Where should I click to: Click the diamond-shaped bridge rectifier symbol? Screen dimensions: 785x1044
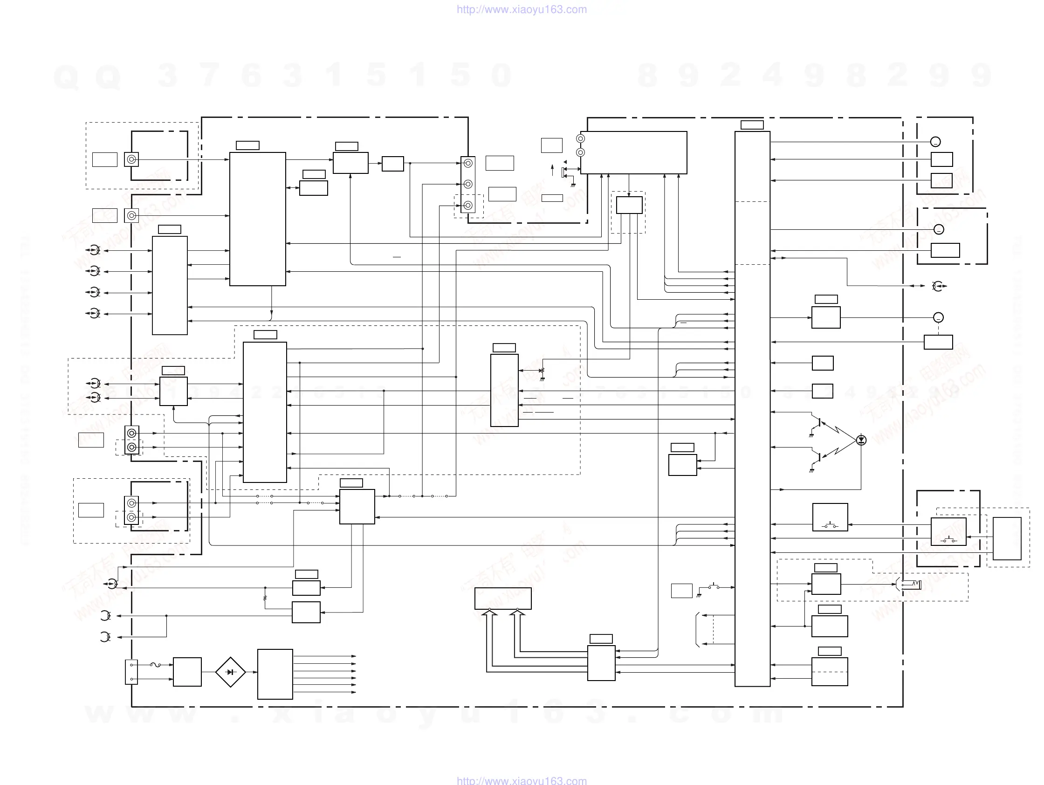(230, 672)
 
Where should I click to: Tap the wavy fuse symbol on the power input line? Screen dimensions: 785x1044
(155, 665)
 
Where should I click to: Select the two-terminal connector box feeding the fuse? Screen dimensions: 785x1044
(131, 672)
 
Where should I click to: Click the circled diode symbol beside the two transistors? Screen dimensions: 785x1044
(861, 440)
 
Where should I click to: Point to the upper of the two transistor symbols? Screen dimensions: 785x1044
(818, 421)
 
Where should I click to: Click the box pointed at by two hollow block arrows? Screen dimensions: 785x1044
(502, 598)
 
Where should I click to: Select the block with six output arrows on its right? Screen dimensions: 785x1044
(275, 674)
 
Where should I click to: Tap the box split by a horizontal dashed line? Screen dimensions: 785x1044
(829, 671)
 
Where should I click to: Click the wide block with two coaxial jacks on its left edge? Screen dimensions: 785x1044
(633, 152)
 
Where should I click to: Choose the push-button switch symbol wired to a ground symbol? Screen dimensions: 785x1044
(713, 587)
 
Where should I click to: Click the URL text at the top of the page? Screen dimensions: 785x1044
(522, 9)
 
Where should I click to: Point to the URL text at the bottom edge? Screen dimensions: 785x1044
(522, 780)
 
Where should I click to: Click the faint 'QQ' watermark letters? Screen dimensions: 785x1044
(87, 76)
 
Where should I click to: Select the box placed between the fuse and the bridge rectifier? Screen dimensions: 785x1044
(187, 672)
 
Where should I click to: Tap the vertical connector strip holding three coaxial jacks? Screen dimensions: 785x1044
(468, 185)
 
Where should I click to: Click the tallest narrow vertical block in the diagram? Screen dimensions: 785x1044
(752, 408)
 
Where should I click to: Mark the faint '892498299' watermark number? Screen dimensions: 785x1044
(814, 75)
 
